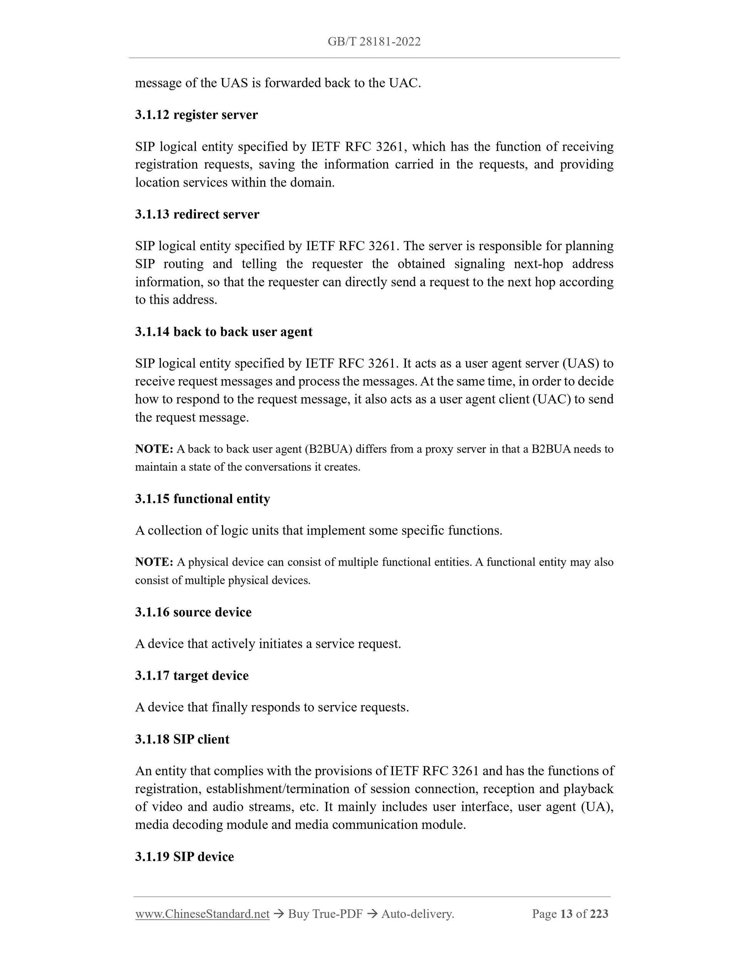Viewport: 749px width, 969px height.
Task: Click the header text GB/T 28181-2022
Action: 374,42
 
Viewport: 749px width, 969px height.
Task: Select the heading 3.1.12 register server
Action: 196,115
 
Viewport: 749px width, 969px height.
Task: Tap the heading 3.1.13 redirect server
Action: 197,214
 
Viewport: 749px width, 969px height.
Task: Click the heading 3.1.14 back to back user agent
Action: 224,332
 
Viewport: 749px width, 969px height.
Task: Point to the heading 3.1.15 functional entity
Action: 202,499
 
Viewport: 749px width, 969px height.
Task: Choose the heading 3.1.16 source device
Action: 193,612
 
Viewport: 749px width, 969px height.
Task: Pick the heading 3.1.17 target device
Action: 192,676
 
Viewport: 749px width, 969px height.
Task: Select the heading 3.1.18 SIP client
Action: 182,739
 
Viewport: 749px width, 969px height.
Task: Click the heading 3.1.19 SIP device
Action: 184,857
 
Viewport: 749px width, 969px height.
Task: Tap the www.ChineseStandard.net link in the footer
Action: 202,914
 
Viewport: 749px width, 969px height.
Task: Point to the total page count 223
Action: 599,914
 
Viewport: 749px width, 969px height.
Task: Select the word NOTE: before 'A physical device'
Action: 154,562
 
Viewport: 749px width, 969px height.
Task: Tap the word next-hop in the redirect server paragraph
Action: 538,264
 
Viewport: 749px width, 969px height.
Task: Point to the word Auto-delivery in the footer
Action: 417,914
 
